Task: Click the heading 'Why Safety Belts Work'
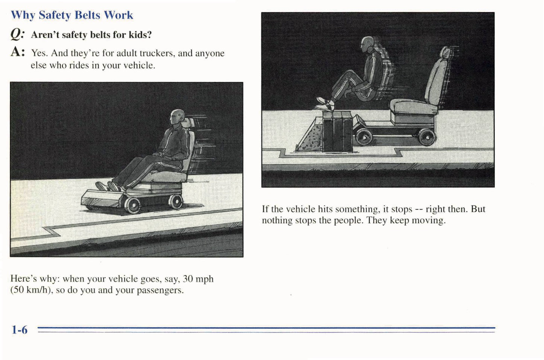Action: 72,15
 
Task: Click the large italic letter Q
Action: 17,34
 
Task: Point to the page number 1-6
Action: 19,330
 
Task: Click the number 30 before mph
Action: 188,279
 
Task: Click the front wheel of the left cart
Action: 132,205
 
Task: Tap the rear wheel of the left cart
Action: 175,201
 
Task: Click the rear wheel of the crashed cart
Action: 427,137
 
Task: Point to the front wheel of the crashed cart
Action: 364,137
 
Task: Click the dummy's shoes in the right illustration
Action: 325,104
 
